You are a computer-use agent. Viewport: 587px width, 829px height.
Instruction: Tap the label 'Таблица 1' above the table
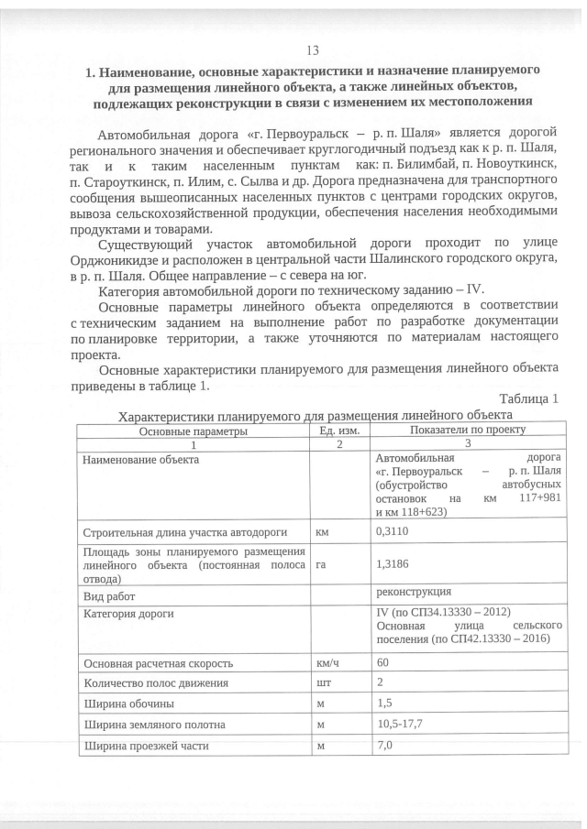pos(528,398)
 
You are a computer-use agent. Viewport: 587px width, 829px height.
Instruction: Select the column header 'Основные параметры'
pos(193,430)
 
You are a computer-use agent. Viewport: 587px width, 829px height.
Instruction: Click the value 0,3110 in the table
pos(394,531)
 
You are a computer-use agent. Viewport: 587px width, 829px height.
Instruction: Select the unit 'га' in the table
pos(321,565)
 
